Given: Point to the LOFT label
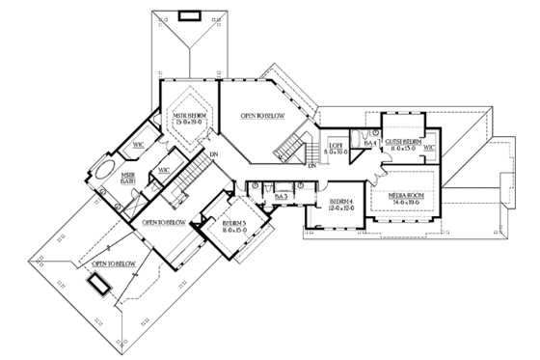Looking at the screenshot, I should (x=336, y=144).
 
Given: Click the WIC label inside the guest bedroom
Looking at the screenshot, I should (x=429, y=148).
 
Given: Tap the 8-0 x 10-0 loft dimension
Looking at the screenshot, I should (x=336, y=152).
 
